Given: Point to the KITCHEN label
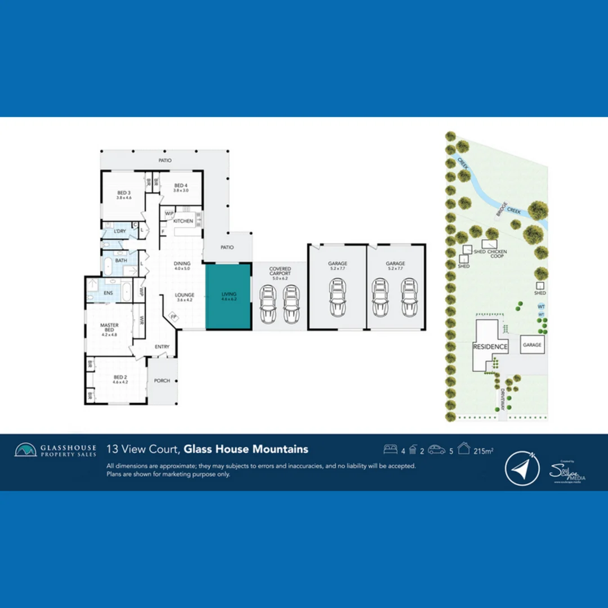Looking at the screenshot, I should pos(183,221).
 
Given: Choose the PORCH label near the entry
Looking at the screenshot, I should pos(162,381).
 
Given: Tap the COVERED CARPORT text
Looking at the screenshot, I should pos(280,271).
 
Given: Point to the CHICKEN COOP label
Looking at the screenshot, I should pos(498,254).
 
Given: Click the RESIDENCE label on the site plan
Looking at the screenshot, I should pos(490,347).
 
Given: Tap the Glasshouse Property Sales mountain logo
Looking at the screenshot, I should pos(25,450).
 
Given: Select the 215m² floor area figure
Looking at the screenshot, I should pos(484,450).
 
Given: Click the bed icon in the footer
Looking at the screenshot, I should pos(390,449).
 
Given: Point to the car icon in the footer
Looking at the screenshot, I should pos(436,449).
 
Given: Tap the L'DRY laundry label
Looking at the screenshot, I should pos(119,231).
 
